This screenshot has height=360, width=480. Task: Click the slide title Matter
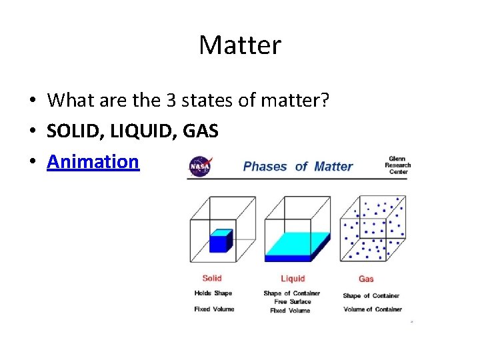[x=240, y=45]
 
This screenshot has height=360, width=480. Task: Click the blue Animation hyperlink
[x=93, y=161]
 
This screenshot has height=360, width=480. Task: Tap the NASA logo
[x=199, y=165]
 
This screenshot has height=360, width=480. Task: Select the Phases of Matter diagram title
[x=297, y=166]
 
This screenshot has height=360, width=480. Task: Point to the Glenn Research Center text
[x=397, y=165]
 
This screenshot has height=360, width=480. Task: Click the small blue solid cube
[x=220, y=241]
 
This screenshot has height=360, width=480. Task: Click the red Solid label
[x=212, y=278]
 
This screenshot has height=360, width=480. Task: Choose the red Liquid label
[x=292, y=279]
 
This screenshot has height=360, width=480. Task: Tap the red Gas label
[x=366, y=279]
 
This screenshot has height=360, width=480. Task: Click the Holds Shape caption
[x=213, y=293]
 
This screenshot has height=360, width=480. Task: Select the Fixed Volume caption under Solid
[x=214, y=309]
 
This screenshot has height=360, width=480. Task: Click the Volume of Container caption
[x=372, y=309]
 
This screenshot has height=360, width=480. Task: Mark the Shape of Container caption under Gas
[x=371, y=296]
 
